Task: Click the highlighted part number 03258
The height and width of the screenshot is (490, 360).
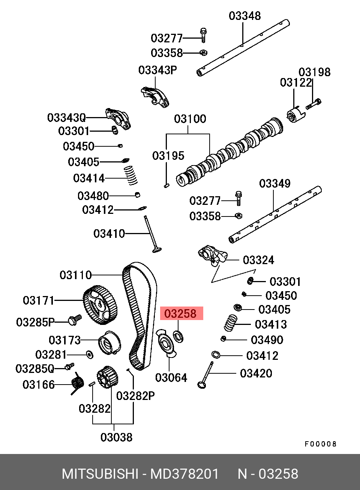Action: [x=180, y=313]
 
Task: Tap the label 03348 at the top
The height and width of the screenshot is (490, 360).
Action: [x=245, y=16]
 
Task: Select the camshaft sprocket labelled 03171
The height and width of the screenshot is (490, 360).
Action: [x=100, y=305]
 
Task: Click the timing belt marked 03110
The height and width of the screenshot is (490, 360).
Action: [x=139, y=316]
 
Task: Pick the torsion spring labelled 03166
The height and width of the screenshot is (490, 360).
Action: [x=77, y=383]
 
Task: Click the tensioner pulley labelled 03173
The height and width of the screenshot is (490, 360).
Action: [x=109, y=343]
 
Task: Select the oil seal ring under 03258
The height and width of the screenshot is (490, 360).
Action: [x=178, y=337]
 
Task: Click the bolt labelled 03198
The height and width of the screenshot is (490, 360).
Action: [x=313, y=104]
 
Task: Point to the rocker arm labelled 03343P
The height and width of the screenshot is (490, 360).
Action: [x=155, y=97]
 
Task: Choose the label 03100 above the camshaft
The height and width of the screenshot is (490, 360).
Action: [x=190, y=119]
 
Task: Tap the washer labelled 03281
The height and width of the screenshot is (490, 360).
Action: [x=90, y=355]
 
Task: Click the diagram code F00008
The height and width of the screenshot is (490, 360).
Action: [x=321, y=444]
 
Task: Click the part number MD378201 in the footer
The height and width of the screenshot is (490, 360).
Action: [x=184, y=474]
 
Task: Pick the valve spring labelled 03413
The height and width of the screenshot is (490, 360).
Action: [x=231, y=323]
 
